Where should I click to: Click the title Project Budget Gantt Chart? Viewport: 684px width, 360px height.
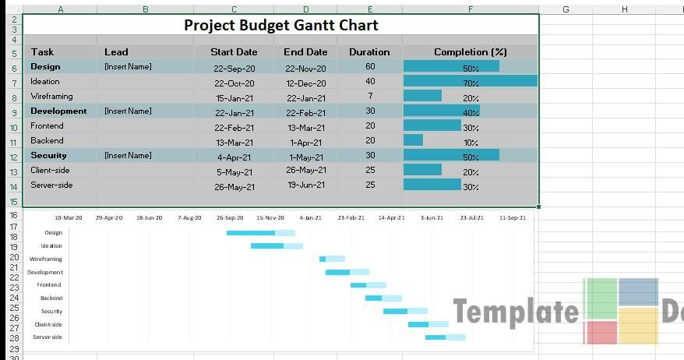(280, 25)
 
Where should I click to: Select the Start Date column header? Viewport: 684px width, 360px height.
(234, 52)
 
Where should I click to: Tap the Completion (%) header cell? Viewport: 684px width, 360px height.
(470, 52)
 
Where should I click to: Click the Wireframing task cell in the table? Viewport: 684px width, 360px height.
(51, 97)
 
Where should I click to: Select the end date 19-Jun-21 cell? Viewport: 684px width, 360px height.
(306, 185)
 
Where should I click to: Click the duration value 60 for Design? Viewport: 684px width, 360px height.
(369, 67)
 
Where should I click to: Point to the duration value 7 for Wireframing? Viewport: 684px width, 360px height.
(369, 97)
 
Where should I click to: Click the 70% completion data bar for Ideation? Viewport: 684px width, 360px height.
(470, 81)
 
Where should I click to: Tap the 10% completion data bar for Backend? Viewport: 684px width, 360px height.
(414, 140)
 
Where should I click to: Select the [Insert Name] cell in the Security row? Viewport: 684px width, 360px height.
(128, 156)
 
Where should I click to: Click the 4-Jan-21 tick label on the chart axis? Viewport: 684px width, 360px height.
(309, 218)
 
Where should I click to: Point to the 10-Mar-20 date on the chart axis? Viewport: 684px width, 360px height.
(68, 218)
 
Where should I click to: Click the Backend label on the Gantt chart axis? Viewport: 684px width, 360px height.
(51, 298)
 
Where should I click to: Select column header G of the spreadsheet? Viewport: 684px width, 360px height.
(566, 9)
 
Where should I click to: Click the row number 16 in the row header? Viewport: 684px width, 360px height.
(14, 215)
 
